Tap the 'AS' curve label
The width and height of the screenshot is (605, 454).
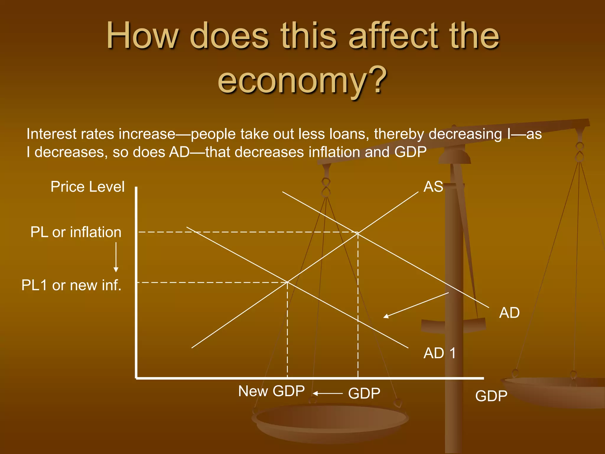coord(433,187)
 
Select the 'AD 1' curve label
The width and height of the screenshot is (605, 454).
coord(440,353)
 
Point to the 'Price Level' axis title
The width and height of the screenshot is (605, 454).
coord(87,187)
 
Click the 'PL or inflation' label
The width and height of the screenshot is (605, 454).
coord(76,232)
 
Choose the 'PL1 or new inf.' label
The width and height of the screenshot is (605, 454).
coord(71,285)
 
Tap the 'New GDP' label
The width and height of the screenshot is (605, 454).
coord(271,391)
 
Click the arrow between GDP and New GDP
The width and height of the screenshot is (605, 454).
coord(328,393)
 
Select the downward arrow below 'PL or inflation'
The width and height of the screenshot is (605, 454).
coord(116,257)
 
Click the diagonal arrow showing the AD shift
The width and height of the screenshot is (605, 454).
coord(416,305)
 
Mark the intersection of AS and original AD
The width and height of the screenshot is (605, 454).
coord(358,233)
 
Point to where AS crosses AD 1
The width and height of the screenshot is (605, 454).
coord(287,282)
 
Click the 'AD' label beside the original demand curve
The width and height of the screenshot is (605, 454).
coord(509,313)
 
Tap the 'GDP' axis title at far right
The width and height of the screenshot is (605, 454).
coord(491,396)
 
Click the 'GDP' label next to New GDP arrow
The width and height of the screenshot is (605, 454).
coord(364,393)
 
